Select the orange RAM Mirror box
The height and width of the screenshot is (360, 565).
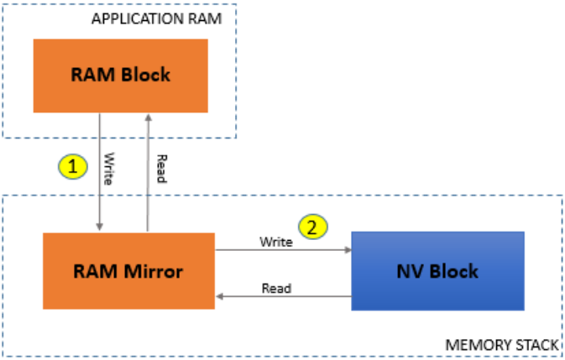click(x=128, y=271)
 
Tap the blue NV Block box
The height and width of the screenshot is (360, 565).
click(x=438, y=271)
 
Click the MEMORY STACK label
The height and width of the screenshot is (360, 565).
click(x=501, y=344)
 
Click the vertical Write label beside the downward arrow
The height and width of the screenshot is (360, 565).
click(x=109, y=164)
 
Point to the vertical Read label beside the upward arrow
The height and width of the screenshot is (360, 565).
click(x=160, y=171)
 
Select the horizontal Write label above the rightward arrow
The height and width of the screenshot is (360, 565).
click(x=276, y=242)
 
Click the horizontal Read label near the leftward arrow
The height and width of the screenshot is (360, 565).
click(x=276, y=288)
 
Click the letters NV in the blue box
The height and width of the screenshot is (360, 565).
click(x=411, y=271)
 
